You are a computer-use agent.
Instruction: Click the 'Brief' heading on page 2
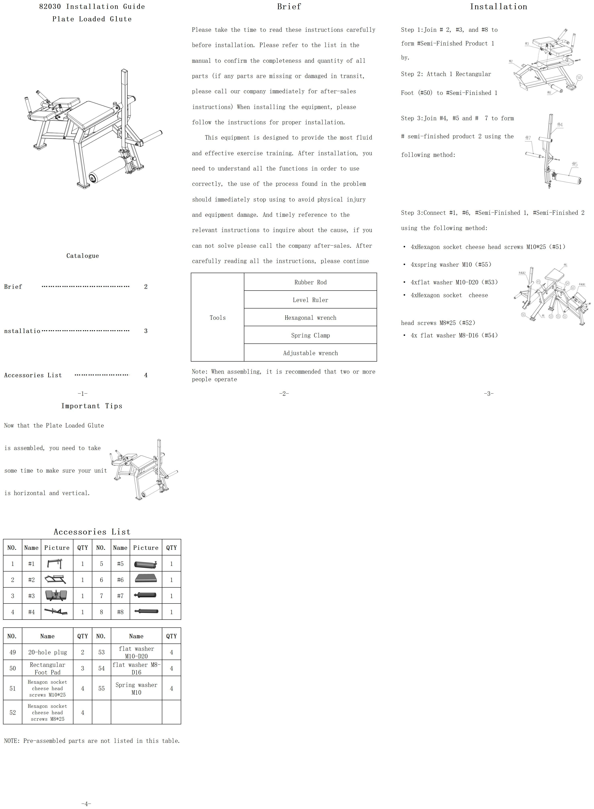289,6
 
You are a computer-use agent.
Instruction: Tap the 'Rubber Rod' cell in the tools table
310,282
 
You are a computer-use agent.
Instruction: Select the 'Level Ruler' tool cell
310,300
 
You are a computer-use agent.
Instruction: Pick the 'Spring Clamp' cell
310,335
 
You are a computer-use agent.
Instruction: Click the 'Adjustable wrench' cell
310,353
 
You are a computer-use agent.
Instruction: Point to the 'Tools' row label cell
218,318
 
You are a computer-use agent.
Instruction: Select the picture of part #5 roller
146,564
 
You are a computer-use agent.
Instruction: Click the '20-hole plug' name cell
47,652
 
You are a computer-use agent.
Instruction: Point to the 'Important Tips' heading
92,406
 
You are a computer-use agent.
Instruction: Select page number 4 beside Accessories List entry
146,375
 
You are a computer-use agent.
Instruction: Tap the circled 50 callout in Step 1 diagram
579,77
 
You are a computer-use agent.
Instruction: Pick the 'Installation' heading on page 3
498,6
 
